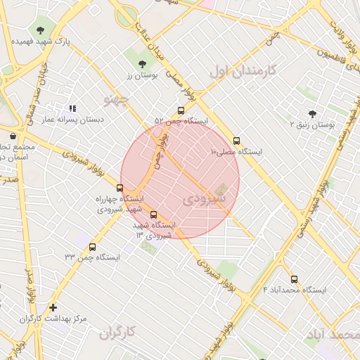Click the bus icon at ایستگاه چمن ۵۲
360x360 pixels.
pyautogui.click(x=181, y=110)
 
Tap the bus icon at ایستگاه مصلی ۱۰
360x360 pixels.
pyautogui.click(x=236, y=141)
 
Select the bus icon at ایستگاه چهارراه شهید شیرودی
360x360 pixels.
pyautogui.click(x=120, y=188)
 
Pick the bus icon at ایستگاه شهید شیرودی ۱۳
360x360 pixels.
pyautogui.click(x=154, y=215)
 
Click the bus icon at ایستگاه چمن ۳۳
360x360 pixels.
pyautogui.click(x=93, y=247)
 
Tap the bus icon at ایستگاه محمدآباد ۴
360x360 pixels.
pyautogui.click(x=294, y=279)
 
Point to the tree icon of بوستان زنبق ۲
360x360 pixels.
pyautogui.click(x=312, y=113)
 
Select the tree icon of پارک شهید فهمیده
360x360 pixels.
pyautogui.click(x=40, y=30)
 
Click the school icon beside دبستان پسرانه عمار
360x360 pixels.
pyautogui.click(x=72, y=109)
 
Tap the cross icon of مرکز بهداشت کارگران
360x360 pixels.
pyautogui.click(x=53, y=307)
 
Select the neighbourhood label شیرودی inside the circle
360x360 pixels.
pyautogui.click(x=203, y=200)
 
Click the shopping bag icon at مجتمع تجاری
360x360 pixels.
pyautogui.click(x=13, y=136)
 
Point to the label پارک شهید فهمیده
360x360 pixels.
pyautogui.click(x=40, y=41)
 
